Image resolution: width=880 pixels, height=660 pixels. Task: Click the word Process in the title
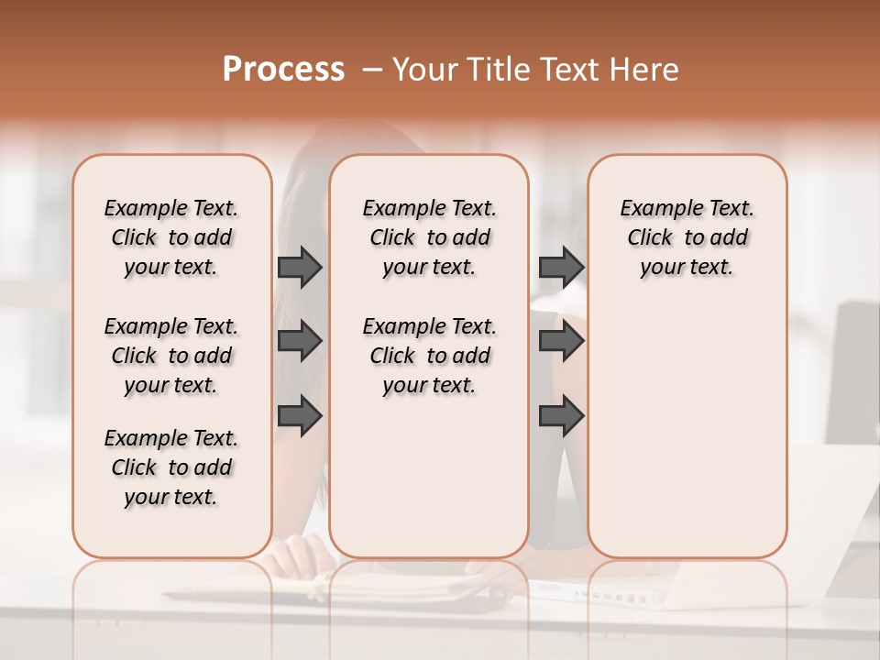pos(283,70)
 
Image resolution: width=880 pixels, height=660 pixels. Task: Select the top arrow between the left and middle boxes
pos(300,267)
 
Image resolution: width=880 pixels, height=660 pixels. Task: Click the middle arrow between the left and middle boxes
pos(300,342)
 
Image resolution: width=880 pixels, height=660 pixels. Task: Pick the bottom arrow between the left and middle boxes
pos(300,416)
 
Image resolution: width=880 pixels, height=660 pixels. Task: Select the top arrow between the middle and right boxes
pos(561,267)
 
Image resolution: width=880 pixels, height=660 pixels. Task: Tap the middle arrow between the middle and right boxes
pos(561,342)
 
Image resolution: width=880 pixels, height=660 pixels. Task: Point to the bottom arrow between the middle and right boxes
pos(561,416)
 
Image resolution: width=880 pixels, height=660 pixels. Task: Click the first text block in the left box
pos(171,237)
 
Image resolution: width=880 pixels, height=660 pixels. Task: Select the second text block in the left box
pos(171,356)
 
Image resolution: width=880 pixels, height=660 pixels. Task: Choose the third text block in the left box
pos(171,467)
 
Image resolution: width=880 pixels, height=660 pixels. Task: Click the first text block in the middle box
pos(429,237)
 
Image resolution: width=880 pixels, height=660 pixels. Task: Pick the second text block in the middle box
pos(429,356)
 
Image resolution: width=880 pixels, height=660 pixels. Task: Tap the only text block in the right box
pos(687,237)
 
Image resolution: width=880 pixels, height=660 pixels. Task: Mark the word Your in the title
pos(423,70)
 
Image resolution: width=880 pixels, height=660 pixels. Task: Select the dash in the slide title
pos(372,70)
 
